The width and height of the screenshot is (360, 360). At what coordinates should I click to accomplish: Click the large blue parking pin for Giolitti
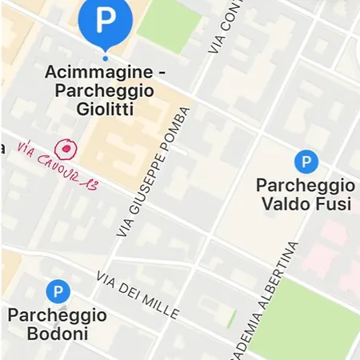coord(105,21)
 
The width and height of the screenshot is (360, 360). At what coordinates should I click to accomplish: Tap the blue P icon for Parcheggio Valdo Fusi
coord(306,162)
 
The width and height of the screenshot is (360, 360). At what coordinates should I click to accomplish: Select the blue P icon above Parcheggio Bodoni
coord(58,292)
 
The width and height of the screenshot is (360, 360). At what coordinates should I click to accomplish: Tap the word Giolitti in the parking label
coord(105,109)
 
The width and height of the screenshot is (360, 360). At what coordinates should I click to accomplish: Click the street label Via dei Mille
coord(137,294)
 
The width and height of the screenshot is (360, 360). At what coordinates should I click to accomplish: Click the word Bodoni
coord(58,334)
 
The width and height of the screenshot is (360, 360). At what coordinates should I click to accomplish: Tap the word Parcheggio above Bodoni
coord(57,315)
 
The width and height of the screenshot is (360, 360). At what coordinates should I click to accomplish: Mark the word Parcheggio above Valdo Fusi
coord(305,185)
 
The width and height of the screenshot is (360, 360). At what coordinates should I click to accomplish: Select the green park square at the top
coord(167,24)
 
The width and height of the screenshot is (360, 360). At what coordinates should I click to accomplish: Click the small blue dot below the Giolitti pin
coord(105,58)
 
